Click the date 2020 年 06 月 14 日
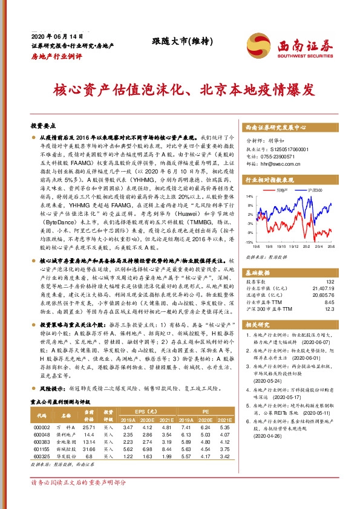(50, 35)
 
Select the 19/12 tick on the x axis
(293, 246)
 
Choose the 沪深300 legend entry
(316, 190)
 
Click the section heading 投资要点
(42, 126)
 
